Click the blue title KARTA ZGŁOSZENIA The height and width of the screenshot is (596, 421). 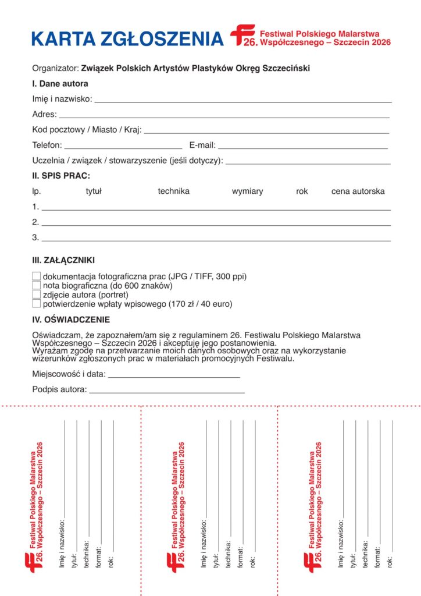(127, 38)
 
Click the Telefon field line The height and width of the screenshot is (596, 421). (123, 147)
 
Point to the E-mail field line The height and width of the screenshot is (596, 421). (302, 147)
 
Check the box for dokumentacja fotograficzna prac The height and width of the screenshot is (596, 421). (37, 276)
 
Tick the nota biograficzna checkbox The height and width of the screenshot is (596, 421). (37, 285)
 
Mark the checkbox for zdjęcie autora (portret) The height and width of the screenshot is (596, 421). (37, 295)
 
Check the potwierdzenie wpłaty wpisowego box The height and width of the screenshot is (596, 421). (37, 303)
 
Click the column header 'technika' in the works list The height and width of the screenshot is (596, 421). (173, 191)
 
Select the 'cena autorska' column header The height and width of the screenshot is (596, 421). (358, 191)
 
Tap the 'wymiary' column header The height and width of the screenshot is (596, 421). (247, 191)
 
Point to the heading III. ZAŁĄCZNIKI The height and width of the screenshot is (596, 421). (63, 260)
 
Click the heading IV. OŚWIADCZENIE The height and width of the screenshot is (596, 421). (71, 320)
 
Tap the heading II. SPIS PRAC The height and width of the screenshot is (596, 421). (61, 175)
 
